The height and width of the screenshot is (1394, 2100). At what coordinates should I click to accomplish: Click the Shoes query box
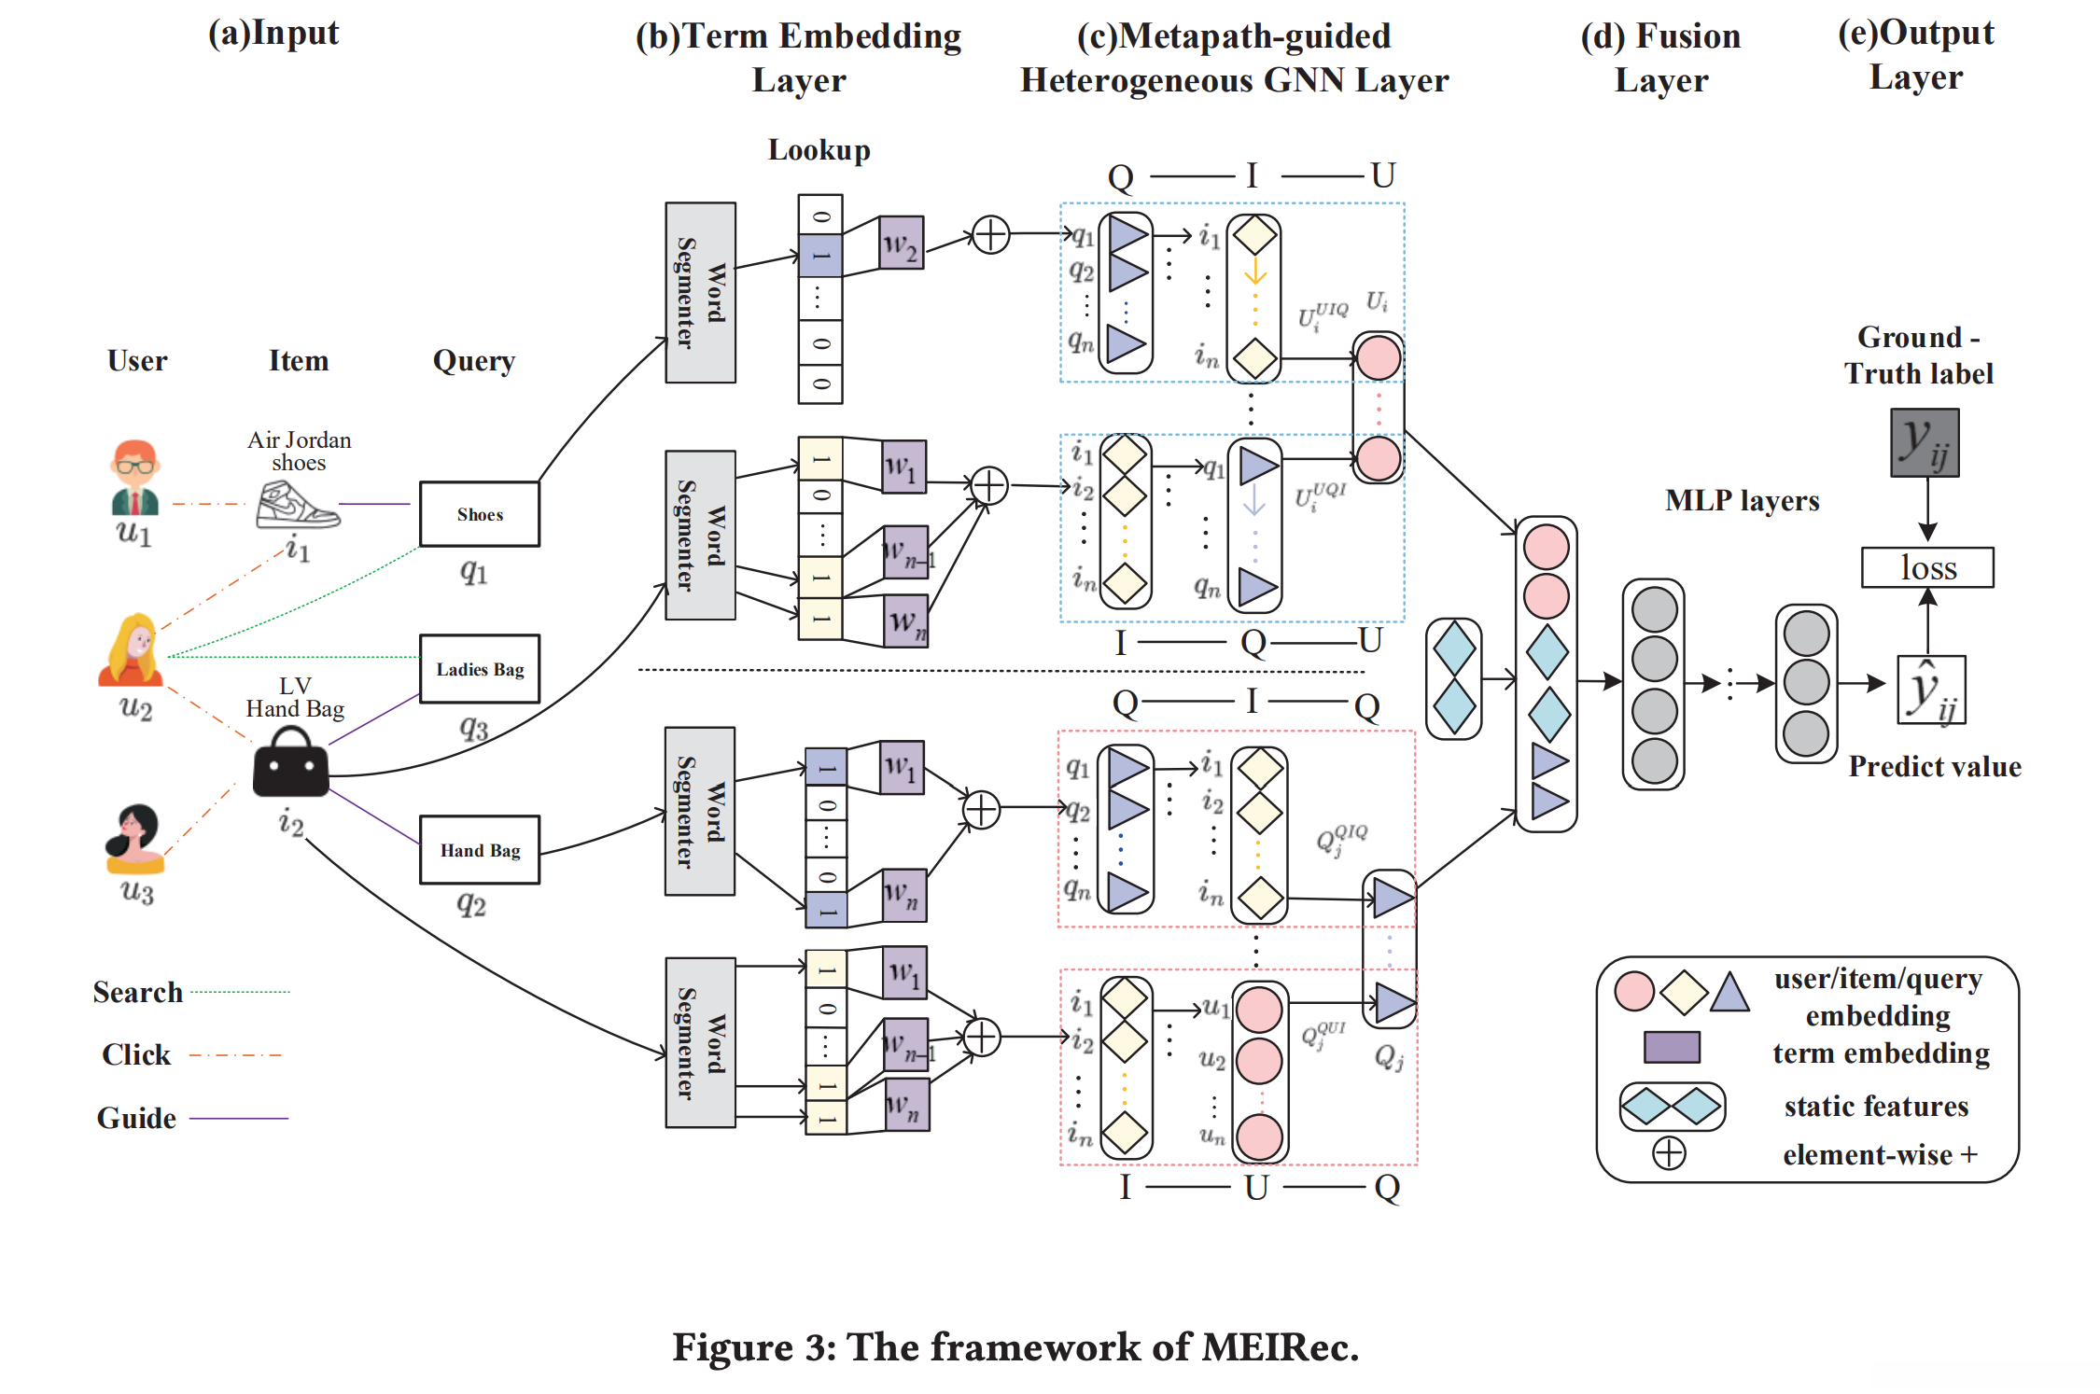479,513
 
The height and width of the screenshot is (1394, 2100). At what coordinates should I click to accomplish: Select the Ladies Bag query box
479,668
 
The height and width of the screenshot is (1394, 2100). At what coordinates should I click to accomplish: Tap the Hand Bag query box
479,849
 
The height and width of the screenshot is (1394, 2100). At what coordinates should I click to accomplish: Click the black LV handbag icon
291,763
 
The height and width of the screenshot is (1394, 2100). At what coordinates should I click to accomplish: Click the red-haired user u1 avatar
135,477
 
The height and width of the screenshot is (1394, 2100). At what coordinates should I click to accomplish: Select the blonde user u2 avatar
133,649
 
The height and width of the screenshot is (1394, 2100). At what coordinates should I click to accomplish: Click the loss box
1926,567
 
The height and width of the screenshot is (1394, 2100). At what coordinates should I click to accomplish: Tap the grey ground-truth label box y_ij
1925,442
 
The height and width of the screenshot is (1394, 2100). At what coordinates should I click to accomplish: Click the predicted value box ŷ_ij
1930,690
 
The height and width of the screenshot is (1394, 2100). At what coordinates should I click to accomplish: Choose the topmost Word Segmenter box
700,292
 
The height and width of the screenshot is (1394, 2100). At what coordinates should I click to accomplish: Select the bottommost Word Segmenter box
700,1042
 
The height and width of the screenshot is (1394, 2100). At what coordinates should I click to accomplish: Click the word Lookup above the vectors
819,150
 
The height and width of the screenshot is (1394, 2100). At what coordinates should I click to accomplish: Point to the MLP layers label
1742,501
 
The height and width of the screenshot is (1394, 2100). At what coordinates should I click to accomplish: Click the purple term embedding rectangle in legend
1671,1047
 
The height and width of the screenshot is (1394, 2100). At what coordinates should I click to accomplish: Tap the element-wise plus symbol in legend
1669,1153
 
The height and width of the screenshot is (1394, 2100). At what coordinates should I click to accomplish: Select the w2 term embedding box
902,244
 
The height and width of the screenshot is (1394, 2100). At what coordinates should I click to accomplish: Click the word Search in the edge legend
137,992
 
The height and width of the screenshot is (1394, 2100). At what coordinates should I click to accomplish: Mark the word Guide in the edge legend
136,1118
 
